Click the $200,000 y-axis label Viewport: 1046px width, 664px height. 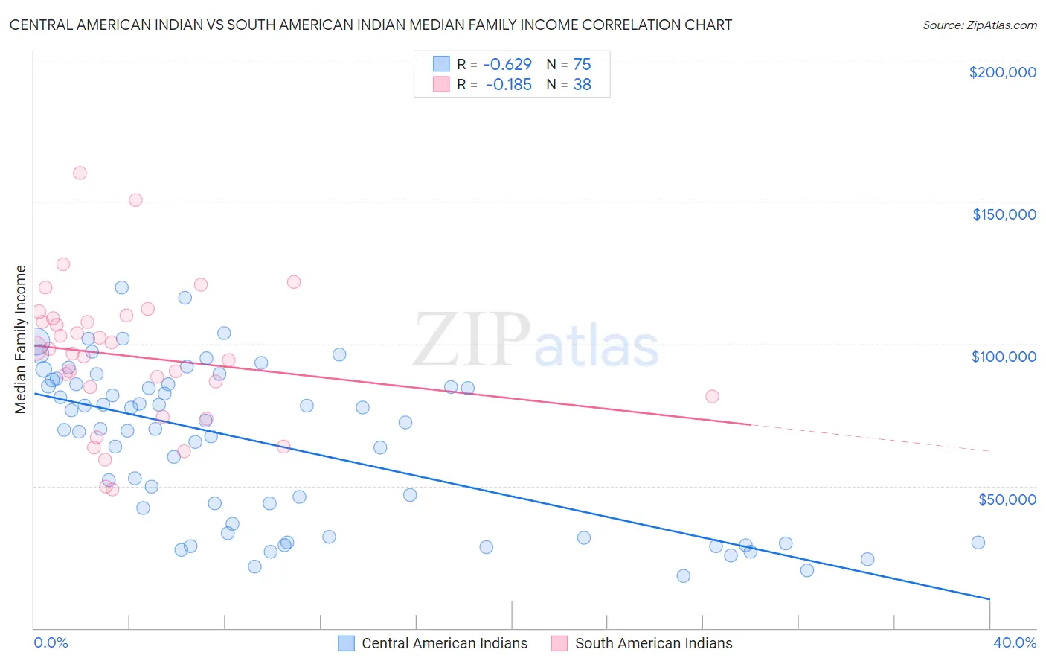(x=1002, y=72)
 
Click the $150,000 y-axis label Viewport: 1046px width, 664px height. (x=1004, y=214)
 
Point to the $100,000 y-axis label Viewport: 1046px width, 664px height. (x=1004, y=357)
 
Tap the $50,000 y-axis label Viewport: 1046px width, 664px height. (x=1007, y=499)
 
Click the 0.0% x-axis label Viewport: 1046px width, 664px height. (x=51, y=642)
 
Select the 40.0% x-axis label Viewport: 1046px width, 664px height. (x=1014, y=642)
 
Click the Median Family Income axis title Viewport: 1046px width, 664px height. (x=21, y=339)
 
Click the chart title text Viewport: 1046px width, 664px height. (x=370, y=25)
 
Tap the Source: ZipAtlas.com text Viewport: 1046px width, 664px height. (x=979, y=25)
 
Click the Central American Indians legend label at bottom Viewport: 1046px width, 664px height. (x=444, y=643)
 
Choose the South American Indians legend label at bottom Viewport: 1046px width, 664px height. (x=653, y=643)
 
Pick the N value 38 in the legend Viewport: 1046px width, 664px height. (x=582, y=85)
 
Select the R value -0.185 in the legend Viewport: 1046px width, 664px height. (x=509, y=85)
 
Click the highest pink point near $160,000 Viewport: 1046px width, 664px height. (x=80, y=173)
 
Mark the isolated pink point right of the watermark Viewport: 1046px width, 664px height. (x=712, y=396)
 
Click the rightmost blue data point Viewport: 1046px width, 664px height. (x=978, y=543)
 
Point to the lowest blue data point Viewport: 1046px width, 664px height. (x=683, y=575)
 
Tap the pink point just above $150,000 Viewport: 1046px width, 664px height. (x=135, y=200)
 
